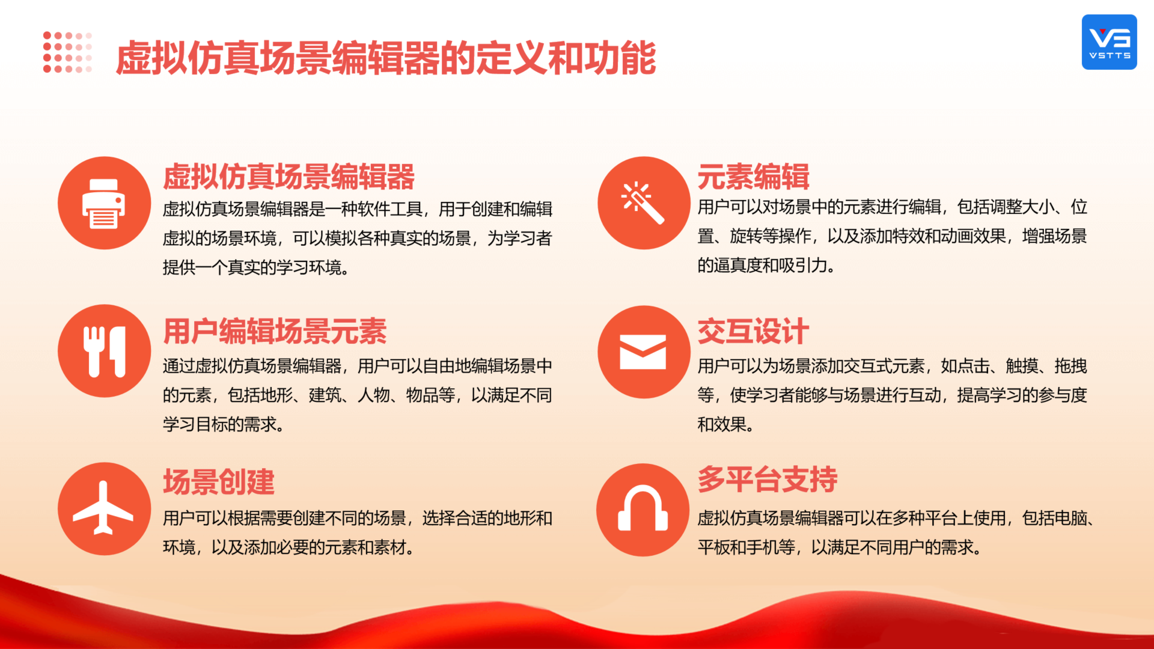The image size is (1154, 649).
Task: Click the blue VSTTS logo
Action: pyautogui.click(x=1109, y=42)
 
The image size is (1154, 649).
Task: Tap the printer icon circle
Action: pyautogui.click(x=104, y=203)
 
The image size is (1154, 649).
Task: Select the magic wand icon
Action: pyautogui.click(x=644, y=203)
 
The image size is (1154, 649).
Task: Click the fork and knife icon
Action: pyautogui.click(x=104, y=351)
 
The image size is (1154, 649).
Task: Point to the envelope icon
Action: pyautogui.click(x=644, y=352)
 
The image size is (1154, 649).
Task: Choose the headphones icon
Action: pyautogui.click(x=643, y=510)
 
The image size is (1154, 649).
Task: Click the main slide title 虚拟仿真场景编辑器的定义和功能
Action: pyautogui.click(x=385, y=58)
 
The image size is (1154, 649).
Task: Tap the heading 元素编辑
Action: pyautogui.click(x=753, y=177)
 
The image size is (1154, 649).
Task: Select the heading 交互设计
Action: pyautogui.click(x=753, y=331)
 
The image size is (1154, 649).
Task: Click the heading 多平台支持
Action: pyautogui.click(x=768, y=480)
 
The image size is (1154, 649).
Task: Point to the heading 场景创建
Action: pyautogui.click(x=219, y=482)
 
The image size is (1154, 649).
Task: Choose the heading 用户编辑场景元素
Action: pyautogui.click(x=275, y=331)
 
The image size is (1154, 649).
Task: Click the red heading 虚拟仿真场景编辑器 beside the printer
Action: pyautogui.click(x=288, y=177)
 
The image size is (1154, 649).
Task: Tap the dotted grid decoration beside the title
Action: pyautogui.click(x=67, y=52)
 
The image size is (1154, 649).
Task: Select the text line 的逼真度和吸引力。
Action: pyautogui.click(x=766, y=265)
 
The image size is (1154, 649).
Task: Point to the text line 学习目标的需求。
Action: pyautogui.click(x=224, y=424)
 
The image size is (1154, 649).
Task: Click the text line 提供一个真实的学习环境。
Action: pyautogui.click(x=256, y=267)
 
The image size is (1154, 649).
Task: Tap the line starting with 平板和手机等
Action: pyautogui.click(x=840, y=547)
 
